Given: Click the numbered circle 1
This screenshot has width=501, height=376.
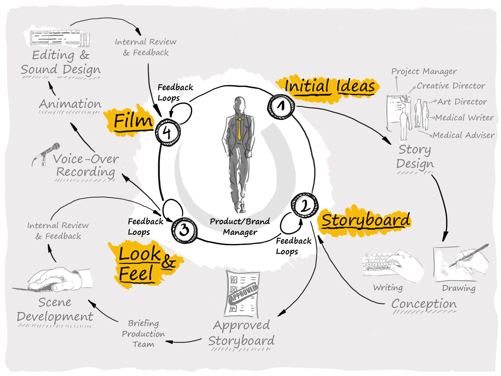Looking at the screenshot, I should pyautogui.click(x=281, y=107).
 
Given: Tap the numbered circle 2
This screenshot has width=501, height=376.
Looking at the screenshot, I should pyautogui.click(x=304, y=206).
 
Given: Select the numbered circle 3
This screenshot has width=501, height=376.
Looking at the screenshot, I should pyautogui.click(x=184, y=230).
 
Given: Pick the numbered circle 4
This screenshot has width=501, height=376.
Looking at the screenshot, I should pyautogui.click(x=168, y=132).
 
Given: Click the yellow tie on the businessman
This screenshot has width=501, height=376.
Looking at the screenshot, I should pyautogui.click(x=240, y=128).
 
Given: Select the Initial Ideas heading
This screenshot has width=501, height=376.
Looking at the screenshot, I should pyautogui.click(x=330, y=86).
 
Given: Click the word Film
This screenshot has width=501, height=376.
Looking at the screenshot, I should pyautogui.click(x=133, y=121).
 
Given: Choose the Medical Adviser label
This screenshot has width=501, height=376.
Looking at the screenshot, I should pyautogui.click(x=464, y=135).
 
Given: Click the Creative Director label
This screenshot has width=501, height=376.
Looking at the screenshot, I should pyautogui.click(x=451, y=86).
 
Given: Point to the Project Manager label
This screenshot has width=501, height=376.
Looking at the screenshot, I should pyautogui.click(x=424, y=71).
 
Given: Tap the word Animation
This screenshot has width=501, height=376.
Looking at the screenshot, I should pyautogui.click(x=70, y=104).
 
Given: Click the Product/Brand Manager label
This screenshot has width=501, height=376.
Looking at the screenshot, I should pyautogui.click(x=240, y=227).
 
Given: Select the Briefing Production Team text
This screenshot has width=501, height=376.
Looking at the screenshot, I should pyautogui.click(x=143, y=334).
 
